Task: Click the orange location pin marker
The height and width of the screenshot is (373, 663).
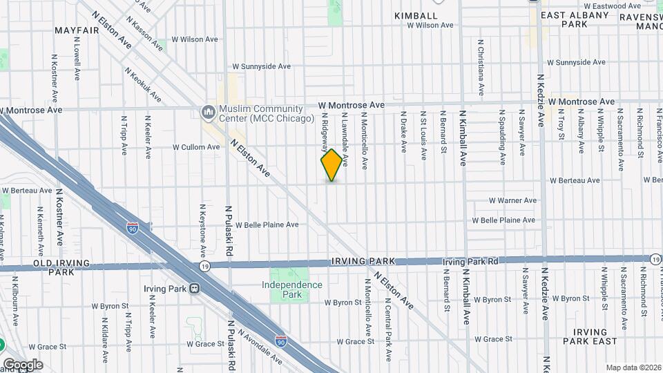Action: [331, 164]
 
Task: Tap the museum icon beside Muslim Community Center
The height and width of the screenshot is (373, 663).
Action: [208, 113]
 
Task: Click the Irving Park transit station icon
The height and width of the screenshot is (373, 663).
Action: [195, 289]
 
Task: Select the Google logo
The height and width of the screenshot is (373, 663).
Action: [23, 365]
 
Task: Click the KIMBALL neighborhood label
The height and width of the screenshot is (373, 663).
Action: [415, 15]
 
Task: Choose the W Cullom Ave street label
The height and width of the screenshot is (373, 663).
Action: [195, 147]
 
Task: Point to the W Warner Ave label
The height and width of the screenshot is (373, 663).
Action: [512, 200]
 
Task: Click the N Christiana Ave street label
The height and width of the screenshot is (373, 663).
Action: [481, 67]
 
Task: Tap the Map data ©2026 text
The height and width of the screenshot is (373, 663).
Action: [633, 367]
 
